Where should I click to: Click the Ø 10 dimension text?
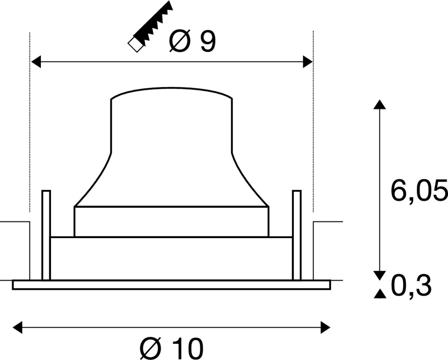[x=171, y=348]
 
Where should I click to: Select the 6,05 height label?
[x=418, y=192]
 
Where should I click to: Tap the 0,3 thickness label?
[x=411, y=286]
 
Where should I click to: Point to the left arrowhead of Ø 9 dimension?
[x=36, y=62]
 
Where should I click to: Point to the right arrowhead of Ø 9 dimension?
[x=308, y=62]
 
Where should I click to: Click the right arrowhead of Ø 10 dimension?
[x=325, y=327]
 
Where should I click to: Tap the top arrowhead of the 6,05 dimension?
[x=379, y=104]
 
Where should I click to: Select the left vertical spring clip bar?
[x=46, y=235]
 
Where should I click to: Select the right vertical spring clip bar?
[x=297, y=235]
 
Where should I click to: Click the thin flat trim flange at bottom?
[x=171, y=285]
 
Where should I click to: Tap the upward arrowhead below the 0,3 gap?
[x=379, y=294]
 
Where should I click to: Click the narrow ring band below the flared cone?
[x=171, y=221]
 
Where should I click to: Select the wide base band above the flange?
[x=171, y=258]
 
